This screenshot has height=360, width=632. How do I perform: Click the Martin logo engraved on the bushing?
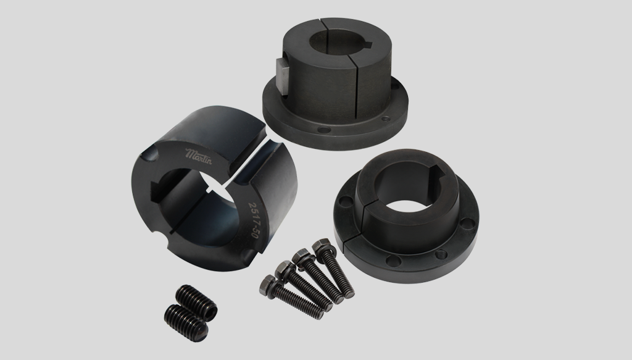click(198, 156)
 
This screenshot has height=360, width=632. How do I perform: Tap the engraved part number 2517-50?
click(253, 220)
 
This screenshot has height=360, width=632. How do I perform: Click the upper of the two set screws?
click(197, 303)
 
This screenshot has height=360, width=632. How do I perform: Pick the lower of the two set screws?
click(186, 323)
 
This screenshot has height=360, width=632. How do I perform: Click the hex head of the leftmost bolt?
click(268, 283)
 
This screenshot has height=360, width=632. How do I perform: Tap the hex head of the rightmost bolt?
click(322, 246)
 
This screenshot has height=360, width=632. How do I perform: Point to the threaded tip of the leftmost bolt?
click(318, 313)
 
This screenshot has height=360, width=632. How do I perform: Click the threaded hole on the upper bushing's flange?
click(386, 119)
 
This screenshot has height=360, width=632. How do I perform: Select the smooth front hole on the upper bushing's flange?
click(323, 130)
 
